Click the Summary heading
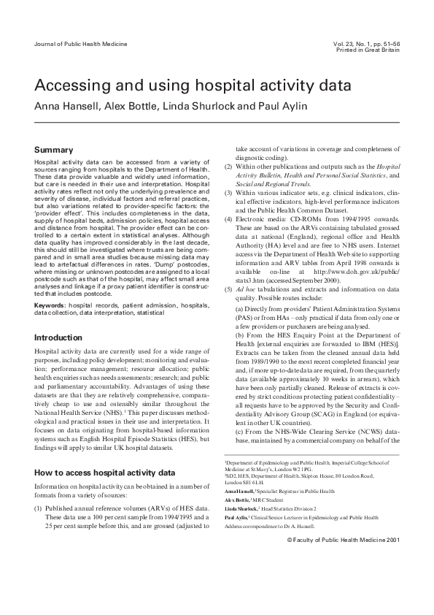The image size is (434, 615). click(x=53, y=150)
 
